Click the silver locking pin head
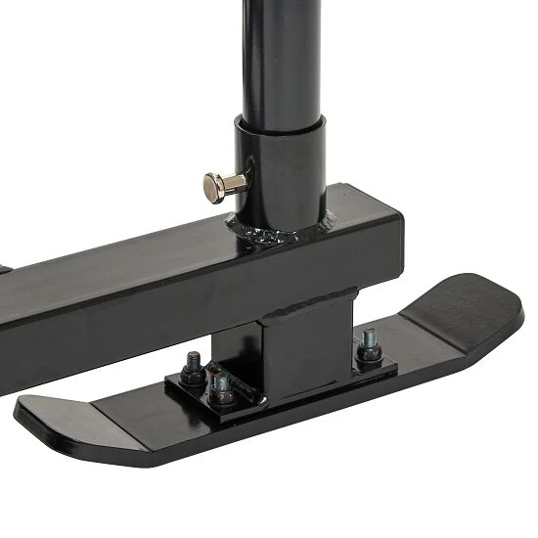(213, 186)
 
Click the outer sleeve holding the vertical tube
(284, 176)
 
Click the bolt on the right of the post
(369, 346)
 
